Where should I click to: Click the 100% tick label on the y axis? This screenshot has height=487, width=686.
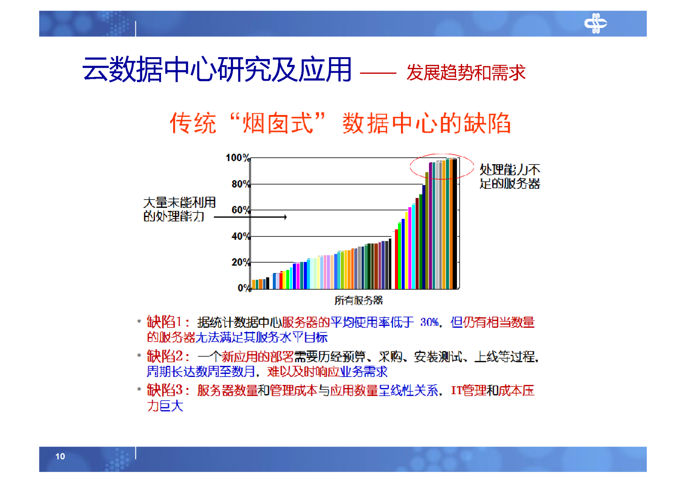click(237, 158)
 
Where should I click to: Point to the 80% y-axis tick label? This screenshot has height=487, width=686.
click(240, 184)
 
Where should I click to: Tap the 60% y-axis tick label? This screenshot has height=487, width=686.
click(240, 210)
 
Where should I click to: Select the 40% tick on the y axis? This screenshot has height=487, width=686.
click(240, 236)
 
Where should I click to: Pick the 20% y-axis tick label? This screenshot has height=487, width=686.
click(240, 262)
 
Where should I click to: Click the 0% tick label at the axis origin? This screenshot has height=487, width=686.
click(244, 288)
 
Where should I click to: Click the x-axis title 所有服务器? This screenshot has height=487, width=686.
click(358, 301)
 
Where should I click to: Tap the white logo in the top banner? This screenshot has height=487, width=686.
click(595, 23)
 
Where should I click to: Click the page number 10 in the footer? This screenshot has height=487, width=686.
click(60, 456)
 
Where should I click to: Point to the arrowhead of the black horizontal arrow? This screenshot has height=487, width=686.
click(285, 217)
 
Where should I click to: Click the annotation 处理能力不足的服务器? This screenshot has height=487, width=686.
click(509, 177)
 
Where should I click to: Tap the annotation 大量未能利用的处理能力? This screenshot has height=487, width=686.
click(179, 209)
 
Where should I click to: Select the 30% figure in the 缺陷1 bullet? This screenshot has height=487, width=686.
click(429, 322)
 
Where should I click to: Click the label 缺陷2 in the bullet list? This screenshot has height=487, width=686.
click(165, 356)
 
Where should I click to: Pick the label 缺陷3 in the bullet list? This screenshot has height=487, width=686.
click(165, 390)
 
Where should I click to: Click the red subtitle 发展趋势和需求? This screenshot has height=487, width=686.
click(465, 73)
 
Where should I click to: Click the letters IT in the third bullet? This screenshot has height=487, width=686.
click(456, 390)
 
